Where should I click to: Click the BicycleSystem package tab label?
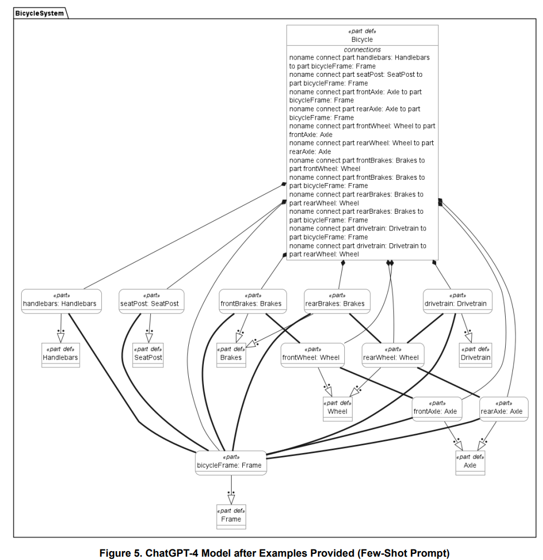tap(40, 13)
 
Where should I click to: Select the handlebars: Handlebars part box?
tap(61, 301)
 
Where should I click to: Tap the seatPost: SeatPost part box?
tap(151, 301)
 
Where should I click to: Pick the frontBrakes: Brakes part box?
tap(253, 301)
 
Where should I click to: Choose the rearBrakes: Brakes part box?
tap(337, 301)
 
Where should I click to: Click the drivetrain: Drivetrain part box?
tap(457, 301)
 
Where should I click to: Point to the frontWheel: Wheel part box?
tap(312, 355)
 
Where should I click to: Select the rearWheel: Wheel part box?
tap(393, 355)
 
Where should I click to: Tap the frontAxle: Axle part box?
tap(437, 409)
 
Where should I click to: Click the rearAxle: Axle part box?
tap(503, 409)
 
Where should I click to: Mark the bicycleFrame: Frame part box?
tap(231, 463)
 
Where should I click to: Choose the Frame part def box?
tap(231, 517)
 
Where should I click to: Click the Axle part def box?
tap(470, 463)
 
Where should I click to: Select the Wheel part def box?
tap(337, 409)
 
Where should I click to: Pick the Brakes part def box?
tap(231, 355)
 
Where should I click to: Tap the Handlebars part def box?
tap(61, 355)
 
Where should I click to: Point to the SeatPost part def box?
tap(148, 355)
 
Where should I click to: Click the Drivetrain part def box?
tap(476, 355)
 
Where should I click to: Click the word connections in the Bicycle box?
tap(362, 50)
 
